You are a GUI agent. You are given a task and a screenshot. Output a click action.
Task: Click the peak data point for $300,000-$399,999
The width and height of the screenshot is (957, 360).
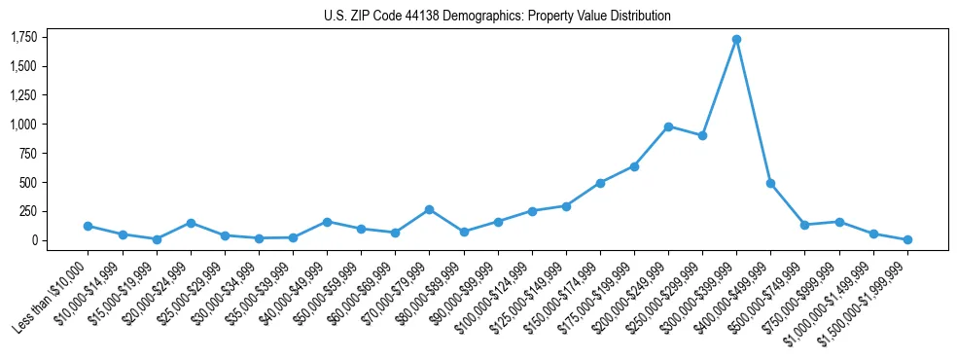click(736, 40)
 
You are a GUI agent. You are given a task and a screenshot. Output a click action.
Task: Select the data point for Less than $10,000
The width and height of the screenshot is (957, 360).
click(88, 226)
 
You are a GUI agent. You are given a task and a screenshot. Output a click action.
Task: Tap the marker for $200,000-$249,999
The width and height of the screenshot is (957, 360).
click(668, 126)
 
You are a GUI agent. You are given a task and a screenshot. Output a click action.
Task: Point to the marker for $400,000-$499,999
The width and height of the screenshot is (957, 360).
click(770, 183)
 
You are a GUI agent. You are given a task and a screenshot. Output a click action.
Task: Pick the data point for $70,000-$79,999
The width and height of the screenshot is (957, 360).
click(429, 209)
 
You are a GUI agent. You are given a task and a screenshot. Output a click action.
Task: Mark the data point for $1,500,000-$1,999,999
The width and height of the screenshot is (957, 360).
click(907, 239)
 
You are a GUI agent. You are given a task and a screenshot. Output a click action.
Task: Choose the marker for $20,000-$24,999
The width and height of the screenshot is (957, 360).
click(191, 223)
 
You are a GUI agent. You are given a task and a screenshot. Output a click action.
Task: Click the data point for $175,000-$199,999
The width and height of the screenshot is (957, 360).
click(634, 166)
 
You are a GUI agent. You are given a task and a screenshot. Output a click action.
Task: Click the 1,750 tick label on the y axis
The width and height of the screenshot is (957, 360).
click(23, 38)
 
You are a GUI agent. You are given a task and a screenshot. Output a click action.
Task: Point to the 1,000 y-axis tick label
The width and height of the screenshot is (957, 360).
click(23, 125)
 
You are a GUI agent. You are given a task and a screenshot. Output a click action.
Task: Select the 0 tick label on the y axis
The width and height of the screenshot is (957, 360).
click(33, 240)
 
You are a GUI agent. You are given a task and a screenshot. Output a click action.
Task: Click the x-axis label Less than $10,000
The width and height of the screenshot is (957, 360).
click(53, 291)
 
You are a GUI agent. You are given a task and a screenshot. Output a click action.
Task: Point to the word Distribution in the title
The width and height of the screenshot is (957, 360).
click(640, 17)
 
